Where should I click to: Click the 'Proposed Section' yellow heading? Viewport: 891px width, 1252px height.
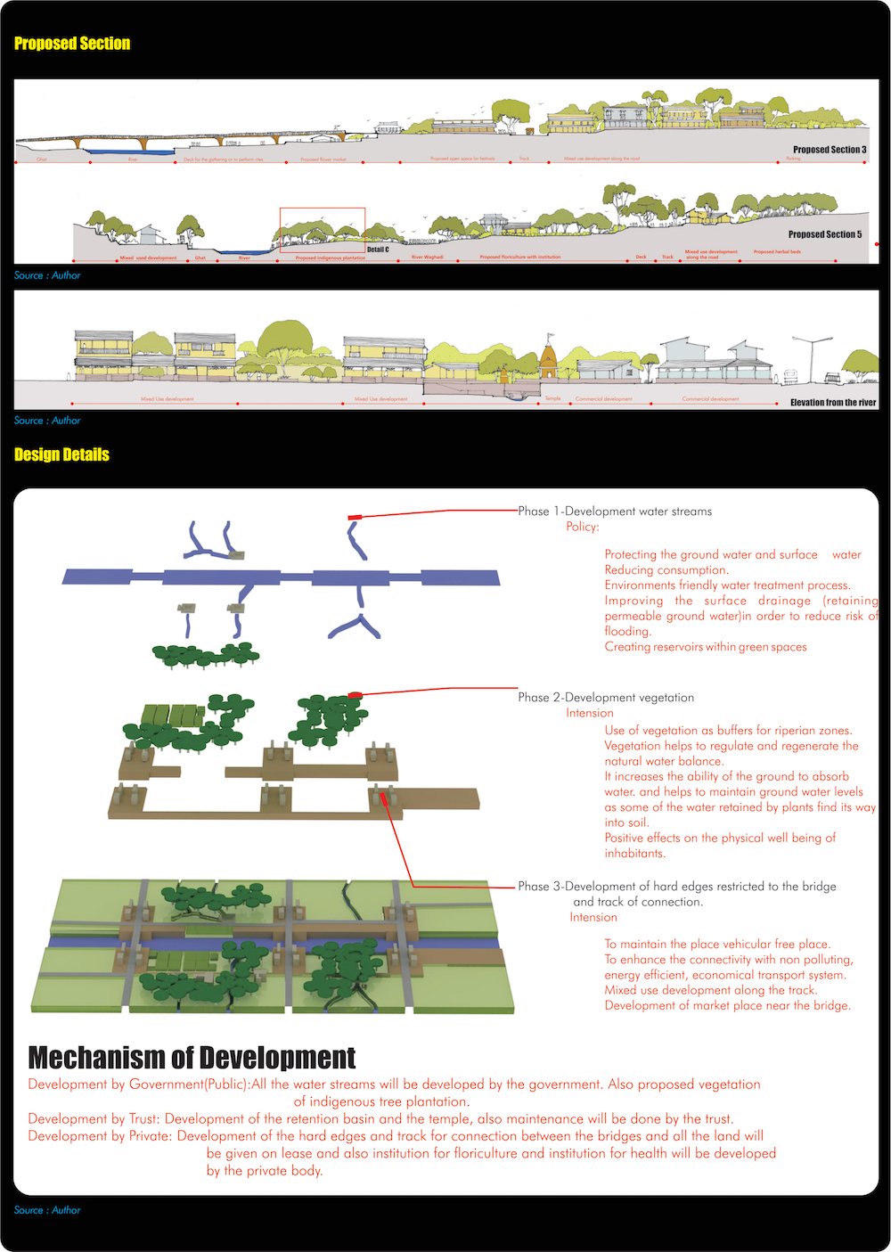[72, 44]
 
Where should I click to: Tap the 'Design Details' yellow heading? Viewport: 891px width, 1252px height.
[61, 454]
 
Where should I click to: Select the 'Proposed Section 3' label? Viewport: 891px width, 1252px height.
[830, 150]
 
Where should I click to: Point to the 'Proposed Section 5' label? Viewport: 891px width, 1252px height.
[825, 234]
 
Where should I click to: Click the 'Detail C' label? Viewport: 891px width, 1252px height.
[378, 250]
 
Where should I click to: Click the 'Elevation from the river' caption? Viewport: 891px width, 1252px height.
[833, 403]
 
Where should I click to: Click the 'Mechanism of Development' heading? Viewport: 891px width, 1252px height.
[192, 1058]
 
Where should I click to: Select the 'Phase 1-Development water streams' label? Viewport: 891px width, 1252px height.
[615, 511]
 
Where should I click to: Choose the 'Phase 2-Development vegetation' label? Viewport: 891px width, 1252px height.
[606, 698]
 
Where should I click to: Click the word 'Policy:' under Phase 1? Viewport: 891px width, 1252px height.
[583, 527]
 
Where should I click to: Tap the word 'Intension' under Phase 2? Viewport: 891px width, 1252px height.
[590, 713]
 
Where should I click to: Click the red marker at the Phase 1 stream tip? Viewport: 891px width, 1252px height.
[355, 517]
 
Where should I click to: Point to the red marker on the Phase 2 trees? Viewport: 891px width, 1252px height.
[355, 694]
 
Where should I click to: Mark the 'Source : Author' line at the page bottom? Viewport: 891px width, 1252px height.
[47, 1210]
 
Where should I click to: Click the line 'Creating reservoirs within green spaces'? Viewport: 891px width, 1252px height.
[706, 647]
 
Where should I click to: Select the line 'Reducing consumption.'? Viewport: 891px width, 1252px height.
[666, 570]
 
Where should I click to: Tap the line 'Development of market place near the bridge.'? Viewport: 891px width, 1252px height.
[727, 1005]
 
